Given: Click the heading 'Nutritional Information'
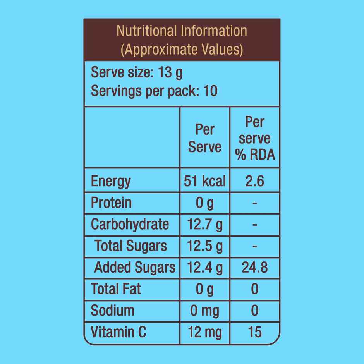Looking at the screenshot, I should [182, 31].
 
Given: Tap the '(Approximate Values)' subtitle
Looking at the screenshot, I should [182, 50].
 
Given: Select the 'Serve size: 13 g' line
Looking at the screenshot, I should [137, 72].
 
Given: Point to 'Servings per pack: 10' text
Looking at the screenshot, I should [154, 91].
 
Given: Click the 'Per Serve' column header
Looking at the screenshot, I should [204, 138].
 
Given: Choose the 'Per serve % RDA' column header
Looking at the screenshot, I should [255, 138].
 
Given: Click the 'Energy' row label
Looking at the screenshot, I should [111, 181].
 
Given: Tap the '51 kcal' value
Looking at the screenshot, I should [204, 181].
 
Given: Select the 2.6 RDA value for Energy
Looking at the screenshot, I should [255, 181].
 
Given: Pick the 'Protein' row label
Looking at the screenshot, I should [111, 203].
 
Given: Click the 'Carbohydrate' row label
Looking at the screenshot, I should [130, 224].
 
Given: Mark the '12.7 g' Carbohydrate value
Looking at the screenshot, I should [204, 224].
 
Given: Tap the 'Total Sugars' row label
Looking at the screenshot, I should [131, 246].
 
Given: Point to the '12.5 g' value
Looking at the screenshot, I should [204, 246].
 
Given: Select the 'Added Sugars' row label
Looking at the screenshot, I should [135, 267].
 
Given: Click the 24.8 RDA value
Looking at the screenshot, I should [255, 267].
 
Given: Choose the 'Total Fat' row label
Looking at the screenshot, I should [116, 289].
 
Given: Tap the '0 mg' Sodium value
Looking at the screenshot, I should [204, 311].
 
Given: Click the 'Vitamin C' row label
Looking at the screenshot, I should [118, 332].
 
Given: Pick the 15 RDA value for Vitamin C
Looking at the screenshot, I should [255, 332].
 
